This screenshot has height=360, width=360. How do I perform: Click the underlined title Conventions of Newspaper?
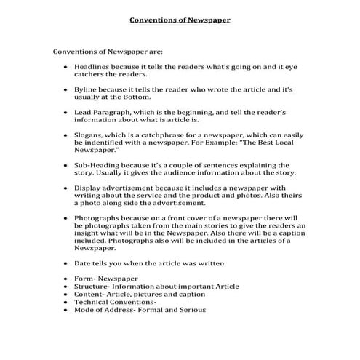pyautogui.click(x=180, y=20)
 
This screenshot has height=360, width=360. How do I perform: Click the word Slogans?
pyautogui.click(x=89, y=136)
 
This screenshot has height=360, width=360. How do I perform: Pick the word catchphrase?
pyautogui.click(x=166, y=136)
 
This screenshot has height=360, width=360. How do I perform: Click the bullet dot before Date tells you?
pyautogui.click(x=66, y=262)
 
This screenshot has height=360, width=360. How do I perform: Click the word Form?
pyautogui.click(x=84, y=278)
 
